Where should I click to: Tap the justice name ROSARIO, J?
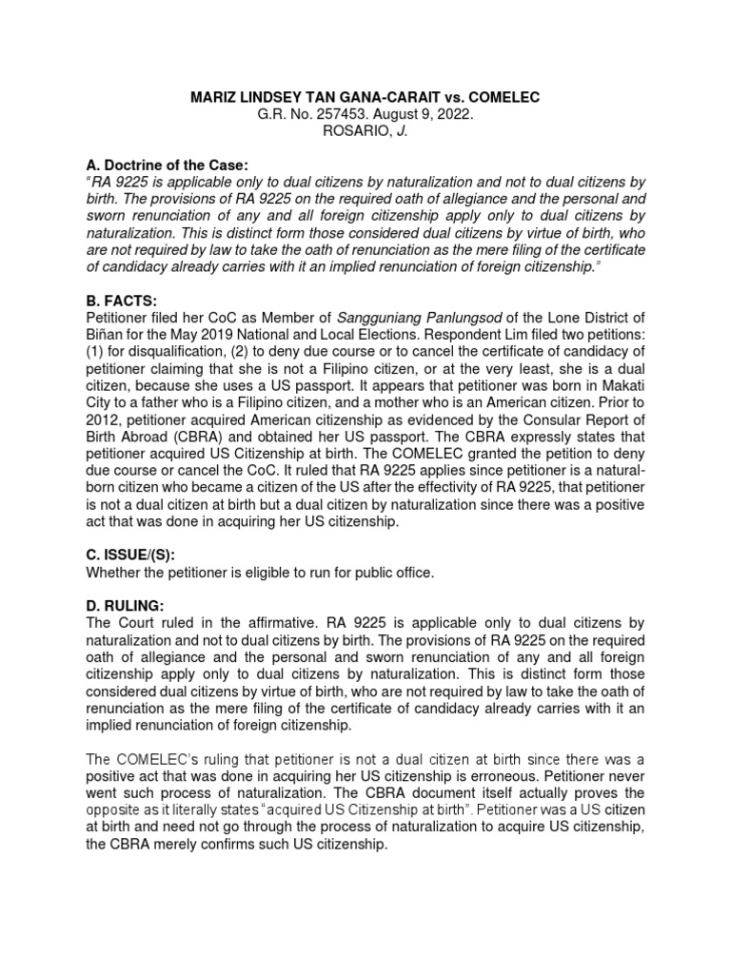[x=365, y=130]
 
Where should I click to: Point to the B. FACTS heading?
[x=123, y=300]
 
